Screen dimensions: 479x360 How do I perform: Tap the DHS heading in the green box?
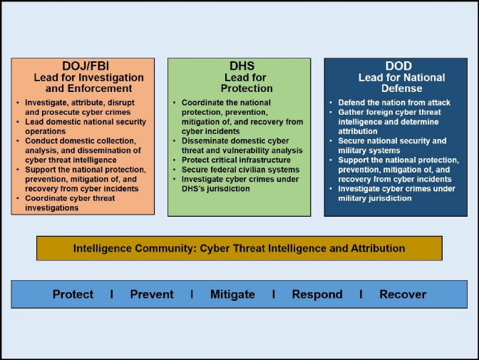pos(239,66)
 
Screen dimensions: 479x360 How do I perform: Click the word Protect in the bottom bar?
pos(73,294)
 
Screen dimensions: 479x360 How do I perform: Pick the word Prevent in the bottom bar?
pos(152,294)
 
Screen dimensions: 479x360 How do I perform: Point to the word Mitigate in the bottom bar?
pos(232,294)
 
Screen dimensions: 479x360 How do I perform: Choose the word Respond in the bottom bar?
pos(317,294)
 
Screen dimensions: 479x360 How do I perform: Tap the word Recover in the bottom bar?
pos(403,294)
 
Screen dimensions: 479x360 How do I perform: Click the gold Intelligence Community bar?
pos(239,249)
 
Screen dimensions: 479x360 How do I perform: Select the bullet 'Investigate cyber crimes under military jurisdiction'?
pos(395,193)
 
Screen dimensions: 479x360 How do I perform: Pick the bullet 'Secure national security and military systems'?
pos(392,146)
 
